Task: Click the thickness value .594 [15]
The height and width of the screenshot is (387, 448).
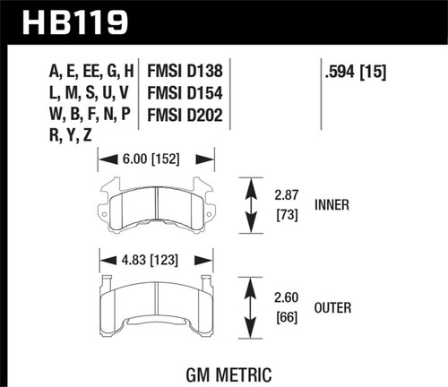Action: click(357, 68)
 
